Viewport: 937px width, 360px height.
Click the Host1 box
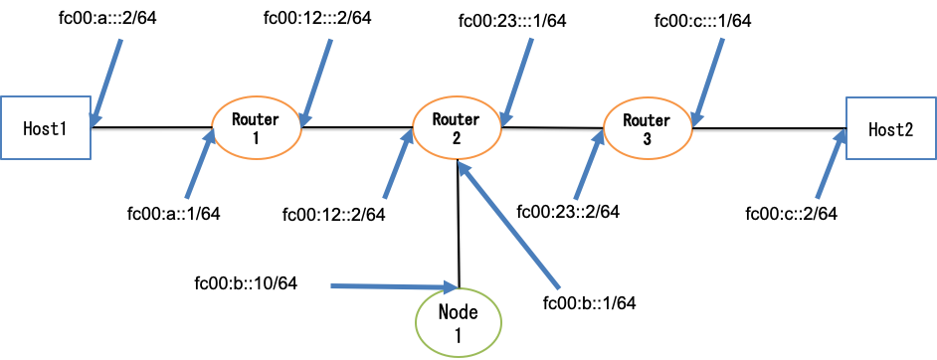point(45,128)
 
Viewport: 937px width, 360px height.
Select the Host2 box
point(890,129)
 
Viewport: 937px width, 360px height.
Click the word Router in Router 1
point(256,119)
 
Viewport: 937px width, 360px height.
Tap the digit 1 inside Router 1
point(255,139)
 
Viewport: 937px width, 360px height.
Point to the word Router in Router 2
point(456,119)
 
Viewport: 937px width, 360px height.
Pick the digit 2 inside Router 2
point(456,139)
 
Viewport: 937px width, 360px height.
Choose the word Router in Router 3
point(647,120)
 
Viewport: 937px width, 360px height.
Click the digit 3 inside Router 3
point(647,140)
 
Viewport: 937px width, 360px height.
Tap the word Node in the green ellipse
point(459,312)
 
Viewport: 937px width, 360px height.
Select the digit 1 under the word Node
point(459,335)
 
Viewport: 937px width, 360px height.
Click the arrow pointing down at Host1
point(106,84)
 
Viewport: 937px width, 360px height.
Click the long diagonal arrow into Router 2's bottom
point(508,226)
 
